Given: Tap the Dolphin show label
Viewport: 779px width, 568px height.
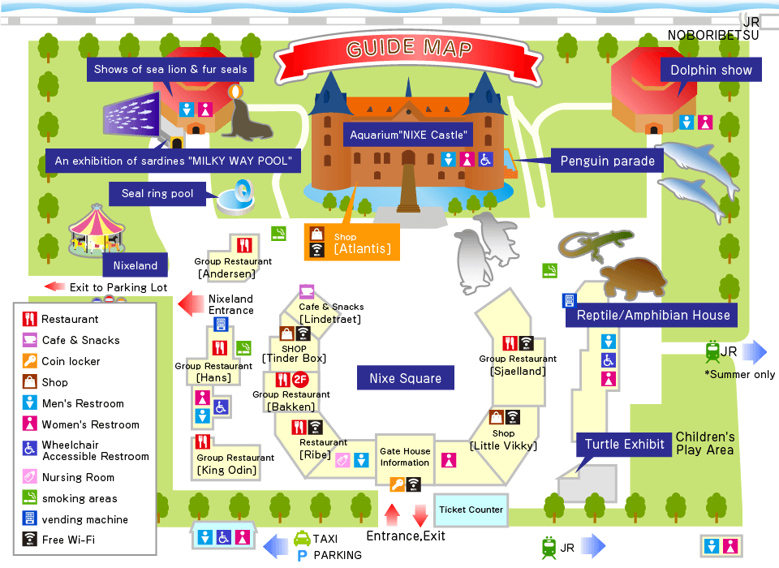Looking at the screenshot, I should (x=711, y=70).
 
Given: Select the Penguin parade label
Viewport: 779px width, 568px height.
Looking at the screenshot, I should (x=607, y=161).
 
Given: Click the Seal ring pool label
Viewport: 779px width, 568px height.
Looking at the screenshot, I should (x=157, y=194).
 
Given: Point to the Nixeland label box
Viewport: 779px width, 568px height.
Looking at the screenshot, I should (x=136, y=265).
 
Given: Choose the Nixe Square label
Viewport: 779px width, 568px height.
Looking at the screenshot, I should (x=405, y=378).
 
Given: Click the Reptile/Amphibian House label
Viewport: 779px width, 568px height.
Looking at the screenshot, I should (x=653, y=315).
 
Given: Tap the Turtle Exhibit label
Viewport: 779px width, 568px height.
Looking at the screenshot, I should (x=625, y=444).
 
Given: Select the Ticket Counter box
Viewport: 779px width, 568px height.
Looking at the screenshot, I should (x=471, y=510).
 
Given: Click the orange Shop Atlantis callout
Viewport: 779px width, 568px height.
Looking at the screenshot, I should (x=352, y=241).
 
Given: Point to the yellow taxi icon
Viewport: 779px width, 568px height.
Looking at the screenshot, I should (x=301, y=538).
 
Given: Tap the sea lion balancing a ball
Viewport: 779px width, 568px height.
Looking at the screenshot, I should (x=246, y=114).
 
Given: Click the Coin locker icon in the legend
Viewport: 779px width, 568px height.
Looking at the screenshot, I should (x=29, y=361).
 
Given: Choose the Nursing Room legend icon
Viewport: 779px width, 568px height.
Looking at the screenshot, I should (x=29, y=477).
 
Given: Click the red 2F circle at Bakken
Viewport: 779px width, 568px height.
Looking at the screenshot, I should (x=300, y=379).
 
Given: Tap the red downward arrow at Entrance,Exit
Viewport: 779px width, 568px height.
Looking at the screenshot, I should (x=420, y=514).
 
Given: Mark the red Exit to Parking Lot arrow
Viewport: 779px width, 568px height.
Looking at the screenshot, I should (x=55, y=286).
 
